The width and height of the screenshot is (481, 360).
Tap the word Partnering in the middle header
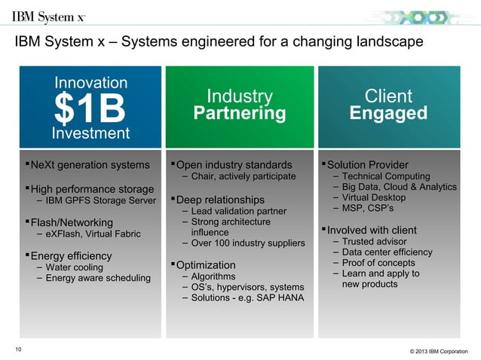click(240, 114)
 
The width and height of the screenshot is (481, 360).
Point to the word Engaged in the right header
click(388, 114)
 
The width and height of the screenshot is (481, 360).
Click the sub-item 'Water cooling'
click(75, 267)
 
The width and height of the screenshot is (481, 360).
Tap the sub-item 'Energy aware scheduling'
click(98, 279)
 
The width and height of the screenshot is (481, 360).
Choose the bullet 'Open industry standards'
click(234, 165)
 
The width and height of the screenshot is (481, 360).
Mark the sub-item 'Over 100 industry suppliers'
click(248, 243)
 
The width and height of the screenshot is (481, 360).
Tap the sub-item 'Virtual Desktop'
click(374, 197)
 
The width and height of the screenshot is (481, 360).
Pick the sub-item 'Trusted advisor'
click(375, 242)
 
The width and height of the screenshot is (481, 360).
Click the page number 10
click(19, 348)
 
